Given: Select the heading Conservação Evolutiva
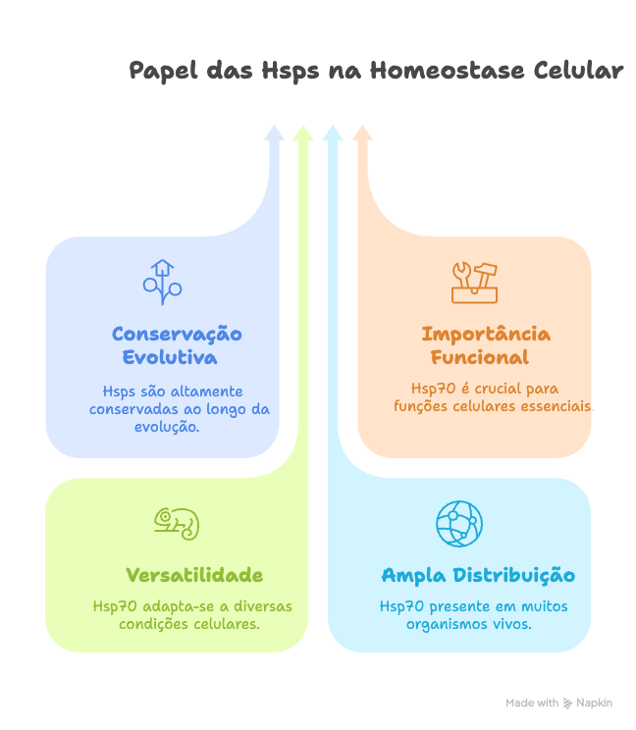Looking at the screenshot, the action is (177, 345).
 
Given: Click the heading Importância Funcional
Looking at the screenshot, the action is (486, 345).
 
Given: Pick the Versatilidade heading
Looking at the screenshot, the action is (194, 575).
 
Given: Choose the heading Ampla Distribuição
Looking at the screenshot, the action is (478, 575).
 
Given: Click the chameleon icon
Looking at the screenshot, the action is (177, 523).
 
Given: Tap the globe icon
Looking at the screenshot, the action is (459, 523).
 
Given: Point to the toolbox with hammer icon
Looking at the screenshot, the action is (474, 282).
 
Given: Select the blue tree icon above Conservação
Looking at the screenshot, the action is (162, 282).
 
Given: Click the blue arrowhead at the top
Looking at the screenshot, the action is (274, 132).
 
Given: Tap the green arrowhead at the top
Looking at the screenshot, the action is (303, 132).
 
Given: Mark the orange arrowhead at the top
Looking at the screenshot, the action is (362, 132).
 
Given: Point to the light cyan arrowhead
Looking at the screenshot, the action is (333, 132).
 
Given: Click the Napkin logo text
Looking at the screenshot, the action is (595, 703).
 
